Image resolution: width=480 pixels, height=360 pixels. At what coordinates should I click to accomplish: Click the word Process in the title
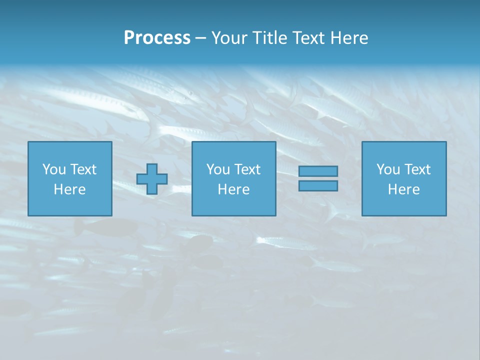tap(157, 38)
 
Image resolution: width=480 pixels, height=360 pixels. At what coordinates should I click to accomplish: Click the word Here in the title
tap(349, 38)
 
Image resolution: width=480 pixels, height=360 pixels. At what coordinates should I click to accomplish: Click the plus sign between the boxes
tap(152, 178)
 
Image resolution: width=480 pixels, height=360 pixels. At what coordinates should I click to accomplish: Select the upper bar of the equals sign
tap(318, 171)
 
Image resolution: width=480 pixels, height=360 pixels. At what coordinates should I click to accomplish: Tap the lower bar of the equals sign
tap(318, 185)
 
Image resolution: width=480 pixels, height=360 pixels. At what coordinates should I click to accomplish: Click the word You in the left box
tap(54, 169)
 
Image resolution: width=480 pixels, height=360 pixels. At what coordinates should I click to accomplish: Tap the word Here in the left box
tap(70, 189)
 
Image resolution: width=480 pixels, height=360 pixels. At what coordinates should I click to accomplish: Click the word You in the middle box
tap(218, 169)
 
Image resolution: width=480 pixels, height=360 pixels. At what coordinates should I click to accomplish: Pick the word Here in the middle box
tap(234, 189)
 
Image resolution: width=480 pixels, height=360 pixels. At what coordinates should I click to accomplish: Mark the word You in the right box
tap(388, 169)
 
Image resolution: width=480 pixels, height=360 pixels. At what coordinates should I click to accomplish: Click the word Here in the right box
tap(404, 189)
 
